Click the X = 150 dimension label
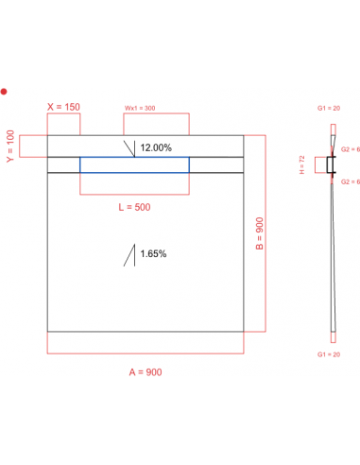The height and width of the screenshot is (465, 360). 63,107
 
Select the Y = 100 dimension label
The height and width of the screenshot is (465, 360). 9,146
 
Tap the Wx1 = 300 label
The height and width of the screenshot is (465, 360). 142,108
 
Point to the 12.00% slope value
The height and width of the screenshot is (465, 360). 156,148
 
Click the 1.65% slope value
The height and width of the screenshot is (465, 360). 153,253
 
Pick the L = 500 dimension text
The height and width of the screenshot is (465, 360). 133,206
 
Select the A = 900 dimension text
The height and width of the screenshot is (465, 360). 146,372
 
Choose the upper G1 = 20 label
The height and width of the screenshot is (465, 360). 332,110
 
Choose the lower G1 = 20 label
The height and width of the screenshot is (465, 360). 332,353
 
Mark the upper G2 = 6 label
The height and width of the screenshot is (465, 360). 350,150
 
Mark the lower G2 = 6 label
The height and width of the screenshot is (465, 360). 350,181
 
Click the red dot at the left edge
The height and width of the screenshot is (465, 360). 5,92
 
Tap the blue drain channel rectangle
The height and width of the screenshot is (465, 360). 134,165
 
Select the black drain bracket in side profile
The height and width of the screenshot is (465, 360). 330,165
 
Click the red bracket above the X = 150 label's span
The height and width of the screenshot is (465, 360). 63,116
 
